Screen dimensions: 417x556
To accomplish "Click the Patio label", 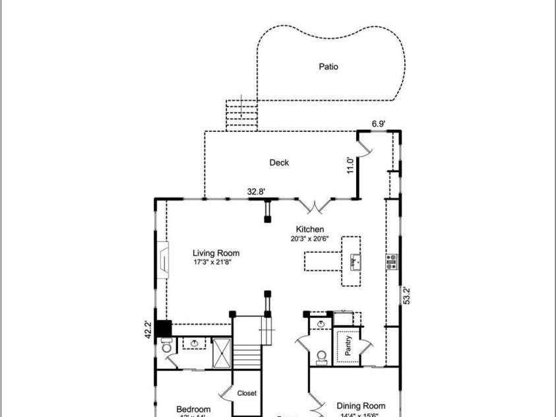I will (328, 67).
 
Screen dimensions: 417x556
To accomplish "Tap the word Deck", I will (279, 162).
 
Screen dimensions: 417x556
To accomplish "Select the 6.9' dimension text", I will (378, 123).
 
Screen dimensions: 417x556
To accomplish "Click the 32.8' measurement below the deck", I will (256, 192).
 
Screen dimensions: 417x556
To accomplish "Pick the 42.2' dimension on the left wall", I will (148, 329).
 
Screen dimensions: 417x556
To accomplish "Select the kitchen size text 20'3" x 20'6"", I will (309, 239).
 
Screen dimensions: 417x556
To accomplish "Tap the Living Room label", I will (216, 253).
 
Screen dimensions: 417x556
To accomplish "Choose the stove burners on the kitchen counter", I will (391, 261).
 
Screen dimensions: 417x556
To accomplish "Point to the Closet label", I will (247, 393).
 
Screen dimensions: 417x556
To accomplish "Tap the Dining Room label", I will (361, 406).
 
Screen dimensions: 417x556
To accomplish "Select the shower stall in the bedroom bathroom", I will (221, 351).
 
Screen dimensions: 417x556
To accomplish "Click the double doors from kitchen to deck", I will (315, 207).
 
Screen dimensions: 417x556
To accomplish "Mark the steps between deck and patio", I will (241, 115).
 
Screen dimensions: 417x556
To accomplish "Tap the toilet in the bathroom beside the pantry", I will (321, 356).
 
